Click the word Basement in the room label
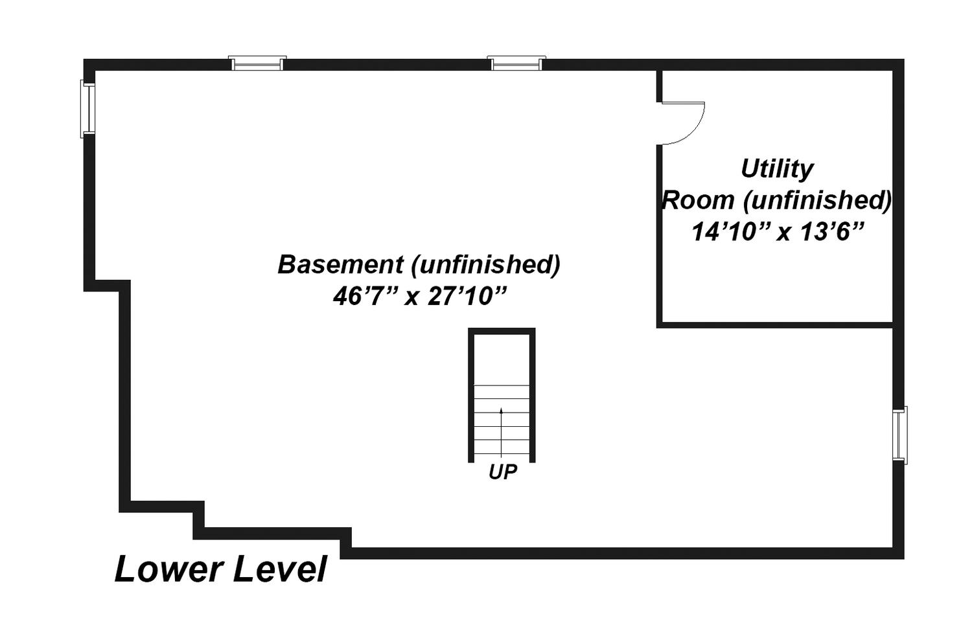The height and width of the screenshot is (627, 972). (x=341, y=264)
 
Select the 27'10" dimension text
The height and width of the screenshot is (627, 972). (x=467, y=297)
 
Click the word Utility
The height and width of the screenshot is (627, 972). (x=777, y=169)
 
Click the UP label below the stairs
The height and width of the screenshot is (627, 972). (x=502, y=472)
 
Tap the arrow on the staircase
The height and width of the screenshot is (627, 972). (x=501, y=432)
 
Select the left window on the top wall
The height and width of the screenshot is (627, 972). (x=257, y=63)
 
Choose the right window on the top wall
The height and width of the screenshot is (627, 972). (x=516, y=63)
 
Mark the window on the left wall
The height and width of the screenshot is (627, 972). (x=87, y=109)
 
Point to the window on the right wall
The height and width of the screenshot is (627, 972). (x=900, y=435)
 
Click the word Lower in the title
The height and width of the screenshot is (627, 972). (x=168, y=569)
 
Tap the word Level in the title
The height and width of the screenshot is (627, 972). (x=280, y=569)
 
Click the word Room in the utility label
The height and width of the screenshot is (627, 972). (x=698, y=201)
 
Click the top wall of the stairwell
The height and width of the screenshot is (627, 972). (x=502, y=331)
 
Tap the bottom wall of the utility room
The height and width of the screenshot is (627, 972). (x=774, y=325)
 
